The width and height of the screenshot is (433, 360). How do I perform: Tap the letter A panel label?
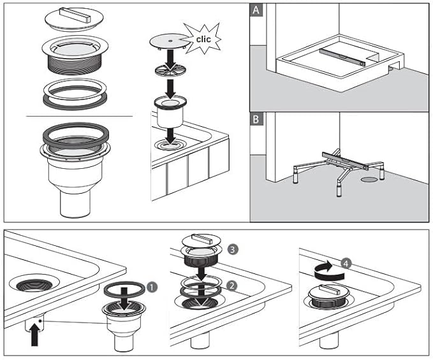256,10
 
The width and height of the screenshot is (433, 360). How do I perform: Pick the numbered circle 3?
232,248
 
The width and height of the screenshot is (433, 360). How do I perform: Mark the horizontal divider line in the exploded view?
79,117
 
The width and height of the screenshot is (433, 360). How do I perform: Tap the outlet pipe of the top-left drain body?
74,201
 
